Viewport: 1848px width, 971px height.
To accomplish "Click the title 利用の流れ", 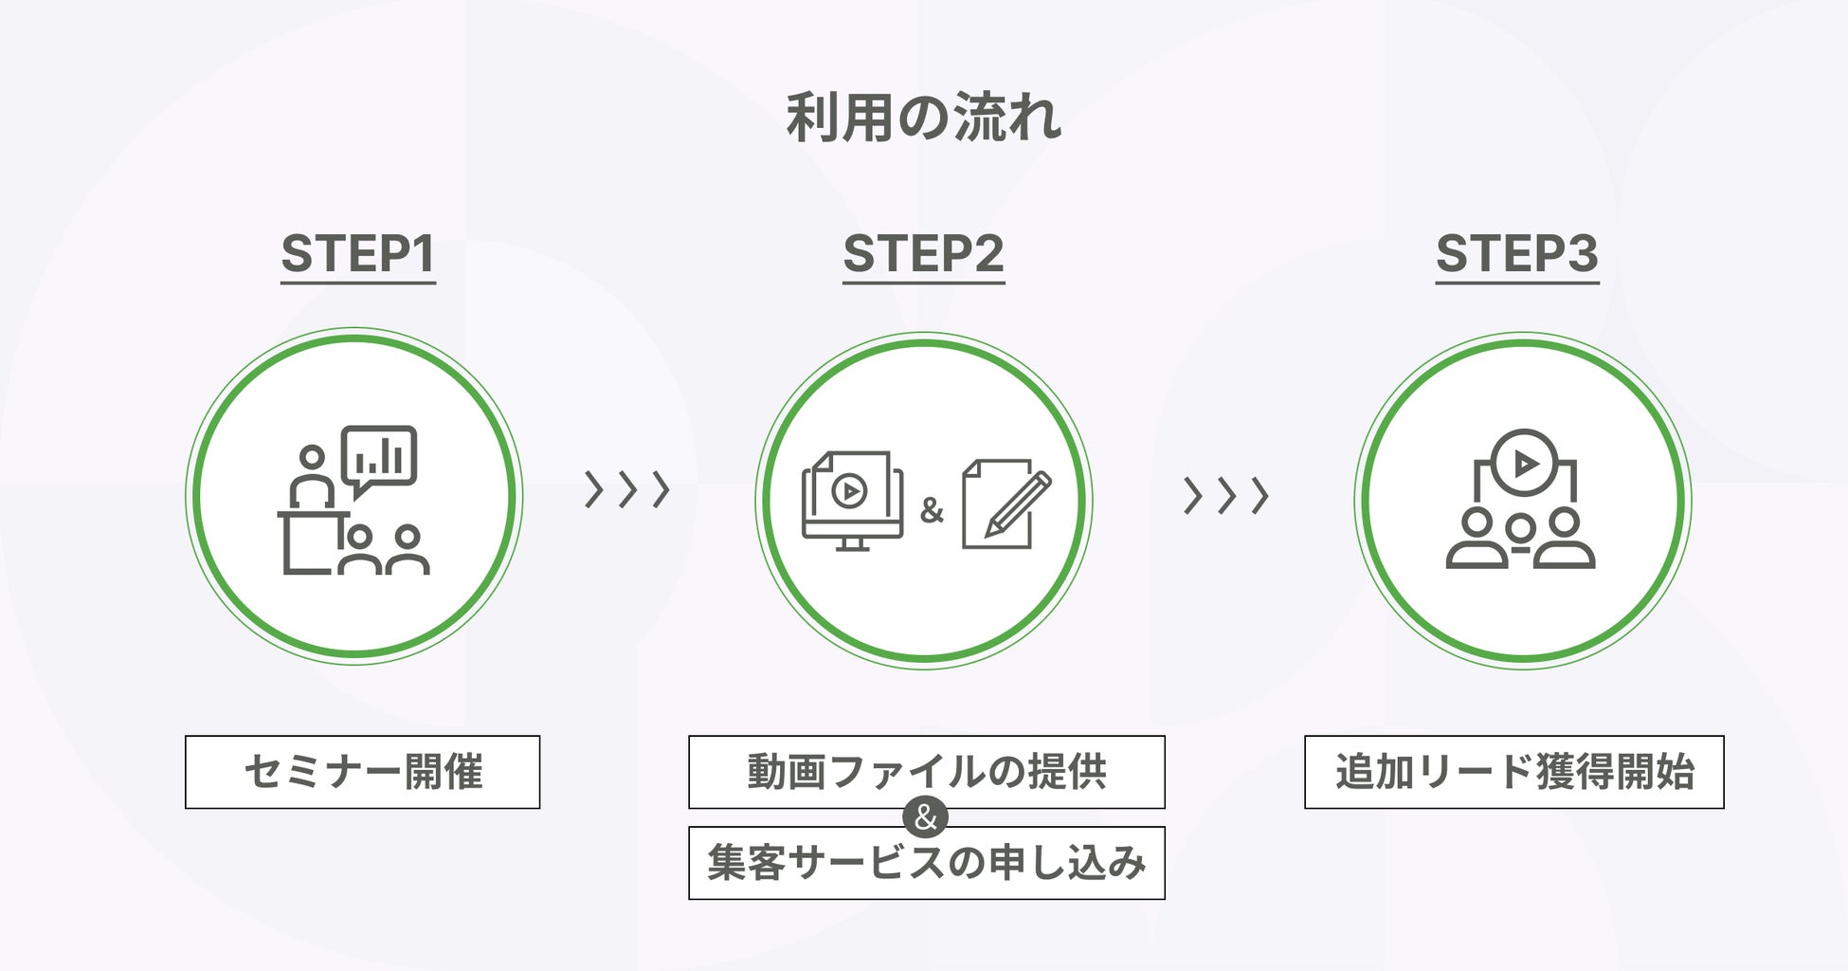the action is pos(923,118).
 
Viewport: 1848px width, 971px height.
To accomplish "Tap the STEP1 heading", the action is pos(358,254).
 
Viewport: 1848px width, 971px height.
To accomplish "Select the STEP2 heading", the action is pos(923,254).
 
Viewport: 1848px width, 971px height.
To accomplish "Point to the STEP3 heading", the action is pos(1516,254).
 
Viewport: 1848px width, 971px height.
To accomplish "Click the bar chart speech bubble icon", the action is pos(379,457).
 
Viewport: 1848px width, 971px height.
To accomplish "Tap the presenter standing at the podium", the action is pos(311,479).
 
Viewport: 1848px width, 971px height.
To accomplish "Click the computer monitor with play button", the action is pos(851,500).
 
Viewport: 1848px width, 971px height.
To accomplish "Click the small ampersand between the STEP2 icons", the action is pos(932,510).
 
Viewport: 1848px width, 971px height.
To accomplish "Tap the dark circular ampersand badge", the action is pos(926,817).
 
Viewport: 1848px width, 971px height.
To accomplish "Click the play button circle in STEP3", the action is pos(1524,464).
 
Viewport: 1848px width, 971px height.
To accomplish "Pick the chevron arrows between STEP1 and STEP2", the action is pos(626,490).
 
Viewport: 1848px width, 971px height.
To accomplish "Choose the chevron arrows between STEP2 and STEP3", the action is pos(1225,495).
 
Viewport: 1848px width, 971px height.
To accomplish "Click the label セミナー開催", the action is pos(362,772).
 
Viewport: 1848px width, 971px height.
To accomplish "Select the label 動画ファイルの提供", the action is pos(926,772).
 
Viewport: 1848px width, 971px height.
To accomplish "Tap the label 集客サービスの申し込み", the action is pos(926,863).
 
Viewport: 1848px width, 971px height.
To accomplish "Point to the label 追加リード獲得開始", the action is pos(1513,772).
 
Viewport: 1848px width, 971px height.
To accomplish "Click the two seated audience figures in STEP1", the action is pos(384,551).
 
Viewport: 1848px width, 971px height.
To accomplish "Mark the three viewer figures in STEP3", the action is pos(1520,540).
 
